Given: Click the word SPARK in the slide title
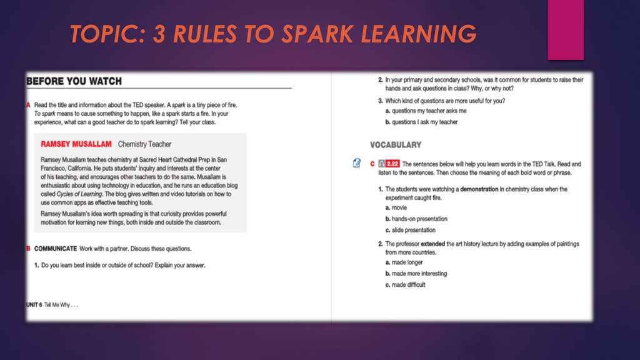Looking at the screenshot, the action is click(x=317, y=34).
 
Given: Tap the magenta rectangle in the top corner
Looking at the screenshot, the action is click(x=566, y=30).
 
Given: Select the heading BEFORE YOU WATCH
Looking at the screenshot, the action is click(x=74, y=81).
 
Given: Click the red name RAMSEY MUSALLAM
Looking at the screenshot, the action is click(x=76, y=144).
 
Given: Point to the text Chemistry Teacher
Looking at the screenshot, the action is click(x=144, y=144).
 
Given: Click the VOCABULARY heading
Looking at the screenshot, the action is click(x=396, y=145).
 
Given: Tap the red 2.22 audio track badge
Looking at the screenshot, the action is click(x=392, y=164).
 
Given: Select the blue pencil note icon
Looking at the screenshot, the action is click(x=357, y=163).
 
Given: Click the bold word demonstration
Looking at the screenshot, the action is click(x=479, y=189).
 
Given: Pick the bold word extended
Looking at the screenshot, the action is click(x=432, y=244).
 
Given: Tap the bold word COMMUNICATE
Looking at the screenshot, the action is click(x=56, y=249).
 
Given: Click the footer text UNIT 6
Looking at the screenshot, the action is click(x=34, y=305).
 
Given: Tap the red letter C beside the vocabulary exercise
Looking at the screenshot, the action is click(x=372, y=164).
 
